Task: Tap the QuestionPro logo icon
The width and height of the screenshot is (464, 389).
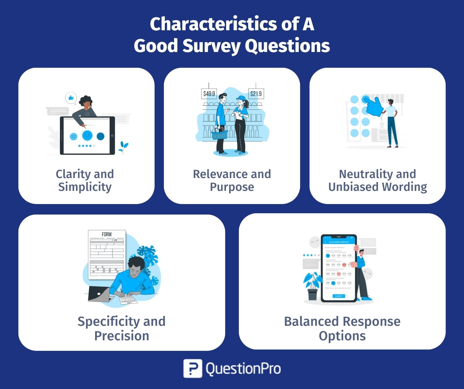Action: coord(193,368)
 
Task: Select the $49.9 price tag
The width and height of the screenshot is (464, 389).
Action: coord(209,94)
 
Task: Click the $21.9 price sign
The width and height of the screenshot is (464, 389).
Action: coord(256,94)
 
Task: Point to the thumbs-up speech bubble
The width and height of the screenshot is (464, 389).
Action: coord(71,98)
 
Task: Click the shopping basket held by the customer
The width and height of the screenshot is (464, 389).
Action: coord(219,134)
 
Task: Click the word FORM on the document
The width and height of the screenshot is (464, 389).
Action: coord(107,234)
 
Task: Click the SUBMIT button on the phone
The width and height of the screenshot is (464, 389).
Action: coord(339,296)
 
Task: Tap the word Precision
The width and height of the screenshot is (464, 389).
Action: coord(121,336)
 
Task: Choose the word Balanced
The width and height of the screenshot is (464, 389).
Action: coord(311,321)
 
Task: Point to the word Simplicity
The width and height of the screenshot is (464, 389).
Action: coord(85,187)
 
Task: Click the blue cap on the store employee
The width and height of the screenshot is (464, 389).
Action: coord(241,98)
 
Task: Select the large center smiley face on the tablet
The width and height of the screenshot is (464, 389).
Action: coord(87,135)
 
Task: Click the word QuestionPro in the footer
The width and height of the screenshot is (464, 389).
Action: coord(243,369)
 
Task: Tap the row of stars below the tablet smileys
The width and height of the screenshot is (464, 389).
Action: coord(87,145)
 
